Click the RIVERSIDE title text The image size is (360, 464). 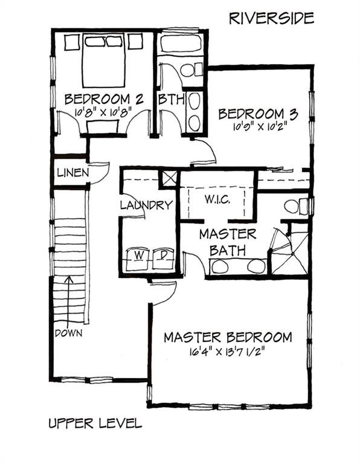tap(271, 18)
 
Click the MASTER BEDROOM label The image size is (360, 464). tap(228, 337)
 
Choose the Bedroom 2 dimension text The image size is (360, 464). tap(103, 112)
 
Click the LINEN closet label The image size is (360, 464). tap(73, 172)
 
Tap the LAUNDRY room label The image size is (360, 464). tap(146, 205)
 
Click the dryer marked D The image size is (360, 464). tap(162, 256)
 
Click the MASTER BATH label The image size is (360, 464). tap(228, 240)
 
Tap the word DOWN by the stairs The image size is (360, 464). tap(68, 333)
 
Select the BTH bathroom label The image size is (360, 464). tap(170, 99)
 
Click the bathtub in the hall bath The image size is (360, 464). tap(181, 43)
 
